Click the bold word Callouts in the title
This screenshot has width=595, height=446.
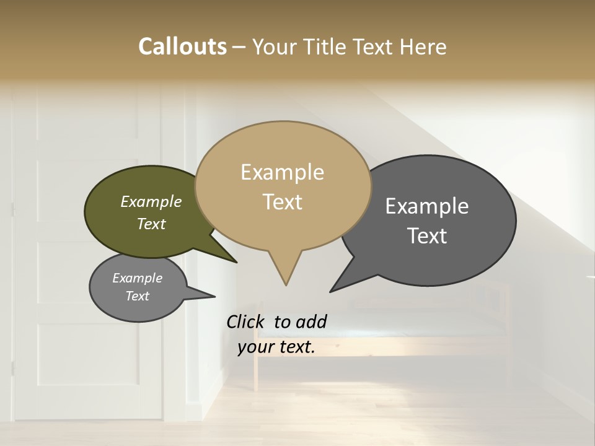[x=182, y=46]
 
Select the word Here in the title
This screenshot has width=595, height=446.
[x=425, y=46]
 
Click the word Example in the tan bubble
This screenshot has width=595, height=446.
[x=282, y=172]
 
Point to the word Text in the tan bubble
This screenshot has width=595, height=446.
[x=282, y=202]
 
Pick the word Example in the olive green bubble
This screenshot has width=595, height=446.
[x=151, y=201]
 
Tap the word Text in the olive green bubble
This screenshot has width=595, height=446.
[x=151, y=224]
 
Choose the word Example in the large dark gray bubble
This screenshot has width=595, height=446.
[x=427, y=206]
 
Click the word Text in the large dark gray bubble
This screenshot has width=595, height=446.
[x=427, y=236]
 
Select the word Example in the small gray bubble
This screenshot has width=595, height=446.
[x=137, y=278]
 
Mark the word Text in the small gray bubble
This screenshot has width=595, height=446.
[x=137, y=296]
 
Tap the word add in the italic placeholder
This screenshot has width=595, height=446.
[x=311, y=321]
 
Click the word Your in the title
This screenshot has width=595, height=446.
[x=275, y=46]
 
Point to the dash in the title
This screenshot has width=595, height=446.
[x=239, y=46]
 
